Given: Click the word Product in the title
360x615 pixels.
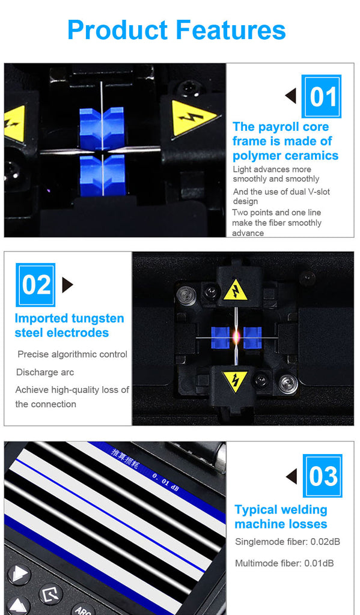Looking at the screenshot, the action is pyautogui.click(x=118, y=31).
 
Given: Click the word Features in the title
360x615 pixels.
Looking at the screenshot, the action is pyautogui.click(x=230, y=30).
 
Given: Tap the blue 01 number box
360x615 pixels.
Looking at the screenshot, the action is pyautogui.click(x=321, y=97).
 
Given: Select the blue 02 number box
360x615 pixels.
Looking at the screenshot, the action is pyautogui.click(x=35, y=285).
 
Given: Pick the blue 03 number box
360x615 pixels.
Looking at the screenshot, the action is pyautogui.click(x=322, y=476).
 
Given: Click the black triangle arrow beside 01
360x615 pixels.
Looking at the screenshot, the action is pyautogui.click(x=290, y=96).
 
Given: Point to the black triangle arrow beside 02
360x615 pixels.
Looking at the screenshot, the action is pyautogui.click(x=67, y=285).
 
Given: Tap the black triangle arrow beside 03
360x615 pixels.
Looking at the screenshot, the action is pyautogui.click(x=291, y=476).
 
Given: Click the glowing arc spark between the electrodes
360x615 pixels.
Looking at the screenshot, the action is pyautogui.click(x=236, y=336).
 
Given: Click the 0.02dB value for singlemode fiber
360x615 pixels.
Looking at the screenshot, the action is pyautogui.click(x=325, y=542).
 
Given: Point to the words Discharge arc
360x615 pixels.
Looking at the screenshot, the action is pyautogui.click(x=44, y=372).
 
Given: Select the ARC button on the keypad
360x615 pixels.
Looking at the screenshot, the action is pyautogui.click(x=83, y=610).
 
